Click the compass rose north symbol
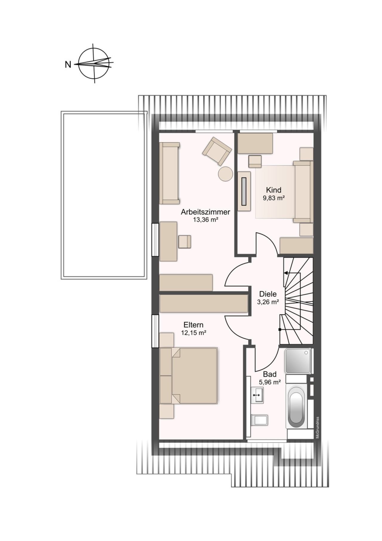point(94,63)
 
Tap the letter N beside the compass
point(68,64)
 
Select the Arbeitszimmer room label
point(206,212)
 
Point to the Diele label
point(268,294)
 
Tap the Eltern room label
point(193,325)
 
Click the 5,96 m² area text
point(269,381)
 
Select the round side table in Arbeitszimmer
point(225,173)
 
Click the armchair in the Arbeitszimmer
point(217,151)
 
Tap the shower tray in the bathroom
point(298,361)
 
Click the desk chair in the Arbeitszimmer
point(185,242)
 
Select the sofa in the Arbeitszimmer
point(170,173)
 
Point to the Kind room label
point(274,190)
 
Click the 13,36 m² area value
point(206,220)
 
